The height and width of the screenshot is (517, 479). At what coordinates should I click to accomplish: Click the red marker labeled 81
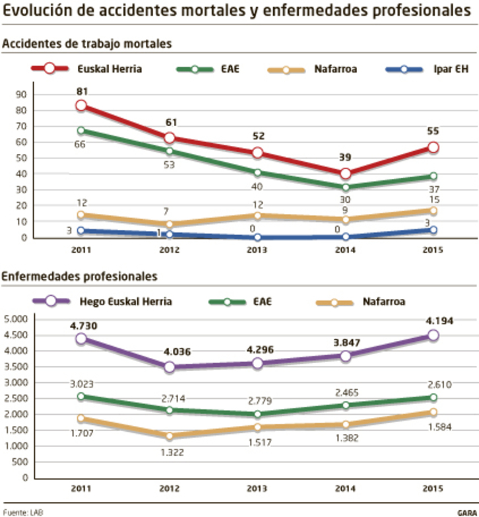click(x=81, y=106)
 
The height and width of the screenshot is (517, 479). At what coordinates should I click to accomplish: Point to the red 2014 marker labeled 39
click(x=345, y=173)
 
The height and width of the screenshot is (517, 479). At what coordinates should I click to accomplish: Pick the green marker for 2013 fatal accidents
click(x=257, y=172)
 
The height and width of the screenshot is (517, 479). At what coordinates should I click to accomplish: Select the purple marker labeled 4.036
click(x=169, y=366)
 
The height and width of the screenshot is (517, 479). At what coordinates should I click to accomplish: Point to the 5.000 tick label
click(x=15, y=319)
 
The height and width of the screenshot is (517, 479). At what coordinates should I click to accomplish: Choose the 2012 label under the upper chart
click(x=169, y=250)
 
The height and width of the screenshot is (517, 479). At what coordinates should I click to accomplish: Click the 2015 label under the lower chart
click(x=433, y=489)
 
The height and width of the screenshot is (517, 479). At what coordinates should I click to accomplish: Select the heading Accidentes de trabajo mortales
click(x=86, y=44)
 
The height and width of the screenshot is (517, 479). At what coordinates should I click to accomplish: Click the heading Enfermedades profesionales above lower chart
click(x=79, y=276)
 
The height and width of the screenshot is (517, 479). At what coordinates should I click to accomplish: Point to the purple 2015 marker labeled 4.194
click(x=433, y=335)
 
